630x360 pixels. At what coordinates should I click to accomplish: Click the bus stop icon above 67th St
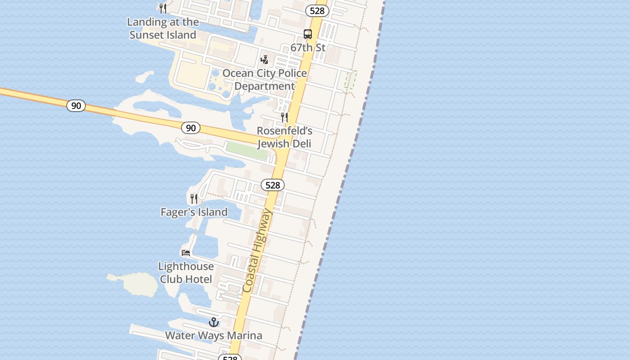(x=308, y=34)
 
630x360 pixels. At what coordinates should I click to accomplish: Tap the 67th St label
(x=308, y=47)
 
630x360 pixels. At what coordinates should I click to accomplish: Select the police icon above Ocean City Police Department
(x=265, y=59)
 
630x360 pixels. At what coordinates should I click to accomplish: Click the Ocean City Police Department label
(x=265, y=80)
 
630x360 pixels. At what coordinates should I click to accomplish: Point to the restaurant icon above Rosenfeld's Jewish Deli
(x=284, y=117)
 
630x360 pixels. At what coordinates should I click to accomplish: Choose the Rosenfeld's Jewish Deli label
(x=284, y=137)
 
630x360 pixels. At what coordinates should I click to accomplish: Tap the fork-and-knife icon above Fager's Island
(x=194, y=198)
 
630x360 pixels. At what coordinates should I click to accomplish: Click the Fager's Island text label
(x=194, y=212)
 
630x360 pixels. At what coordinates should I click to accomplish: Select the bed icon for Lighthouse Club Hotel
(x=186, y=252)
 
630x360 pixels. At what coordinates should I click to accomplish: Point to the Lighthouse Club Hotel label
(x=186, y=273)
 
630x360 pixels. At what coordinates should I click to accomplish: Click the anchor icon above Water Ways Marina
(x=214, y=322)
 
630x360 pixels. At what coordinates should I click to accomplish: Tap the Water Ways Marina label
(x=214, y=336)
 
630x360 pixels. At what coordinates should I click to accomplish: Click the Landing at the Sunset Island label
(x=163, y=28)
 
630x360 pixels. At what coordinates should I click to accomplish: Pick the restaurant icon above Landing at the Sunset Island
(x=163, y=8)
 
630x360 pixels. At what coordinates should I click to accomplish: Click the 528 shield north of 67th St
(x=317, y=11)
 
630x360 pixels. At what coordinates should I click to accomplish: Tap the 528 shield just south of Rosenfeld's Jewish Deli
(x=273, y=185)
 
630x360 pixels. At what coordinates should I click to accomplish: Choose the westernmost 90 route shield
(x=76, y=106)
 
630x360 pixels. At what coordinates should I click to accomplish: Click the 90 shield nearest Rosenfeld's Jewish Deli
(x=191, y=128)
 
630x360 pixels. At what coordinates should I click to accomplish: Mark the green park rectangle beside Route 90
(x=246, y=150)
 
